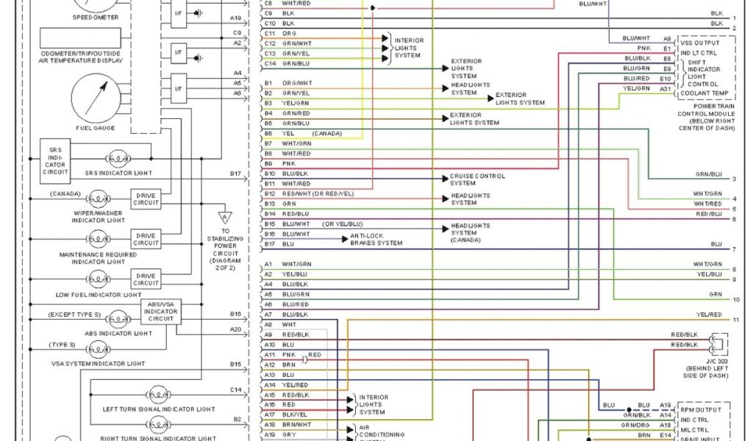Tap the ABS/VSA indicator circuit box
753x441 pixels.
click(x=160, y=312)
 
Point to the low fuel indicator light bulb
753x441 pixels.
click(x=98, y=279)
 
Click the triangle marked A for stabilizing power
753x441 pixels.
click(x=224, y=218)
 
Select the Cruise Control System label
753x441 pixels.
click(x=477, y=179)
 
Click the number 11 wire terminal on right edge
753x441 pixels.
click(x=735, y=320)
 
